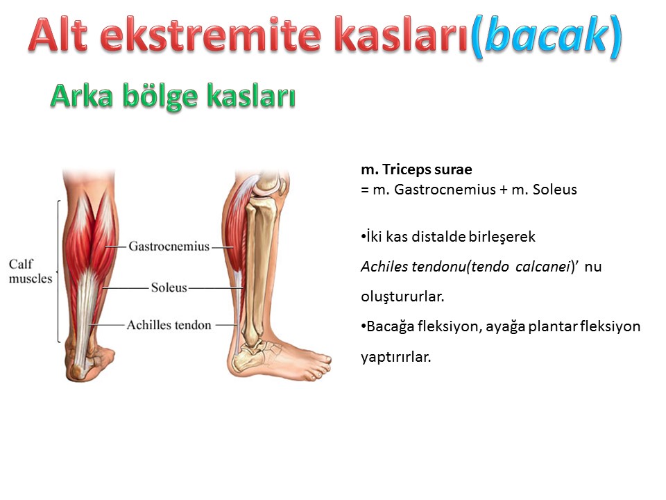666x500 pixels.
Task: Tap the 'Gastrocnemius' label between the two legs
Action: pyautogui.click(x=169, y=246)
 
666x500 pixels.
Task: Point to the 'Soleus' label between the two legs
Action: pyautogui.click(x=169, y=287)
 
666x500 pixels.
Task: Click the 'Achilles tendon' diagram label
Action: pyautogui.click(x=169, y=325)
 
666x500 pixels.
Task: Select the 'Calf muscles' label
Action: pyautogui.click(x=30, y=271)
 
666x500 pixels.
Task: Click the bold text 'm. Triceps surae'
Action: pyautogui.click(x=416, y=169)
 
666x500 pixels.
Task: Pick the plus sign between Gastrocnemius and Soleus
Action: pyautogui.click(x=504, y=190)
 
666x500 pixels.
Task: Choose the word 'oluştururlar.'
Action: pyautogui.click(x=402, y=297)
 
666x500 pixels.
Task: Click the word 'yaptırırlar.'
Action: pyautogui.click(x=396, y=357)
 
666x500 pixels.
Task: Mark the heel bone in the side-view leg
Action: pyautogui.click(x=246, y=358)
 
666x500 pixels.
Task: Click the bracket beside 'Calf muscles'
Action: pyautogui.click(x=58, y=271)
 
